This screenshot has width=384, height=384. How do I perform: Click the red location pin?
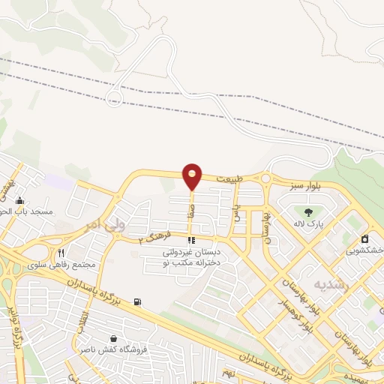point(192,176)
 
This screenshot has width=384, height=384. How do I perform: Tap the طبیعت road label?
point(229,180)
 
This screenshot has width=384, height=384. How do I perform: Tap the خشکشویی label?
point(368,249)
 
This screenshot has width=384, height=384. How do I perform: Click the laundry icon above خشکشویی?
point(365,238)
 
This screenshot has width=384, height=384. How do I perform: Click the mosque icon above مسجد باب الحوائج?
point(19,201)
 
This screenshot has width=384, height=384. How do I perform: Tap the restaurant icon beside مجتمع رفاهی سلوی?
point(62,253)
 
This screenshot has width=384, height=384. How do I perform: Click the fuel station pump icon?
point(136,302)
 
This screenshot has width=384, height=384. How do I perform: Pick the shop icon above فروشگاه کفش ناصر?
point(112,339)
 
